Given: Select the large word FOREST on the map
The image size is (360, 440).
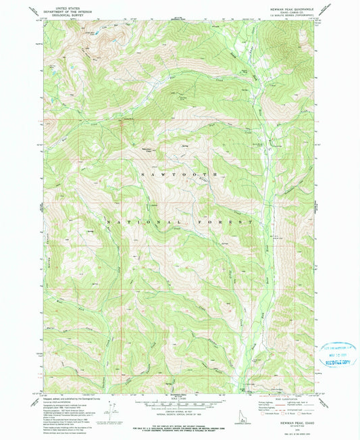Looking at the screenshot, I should tap(234, 222).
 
